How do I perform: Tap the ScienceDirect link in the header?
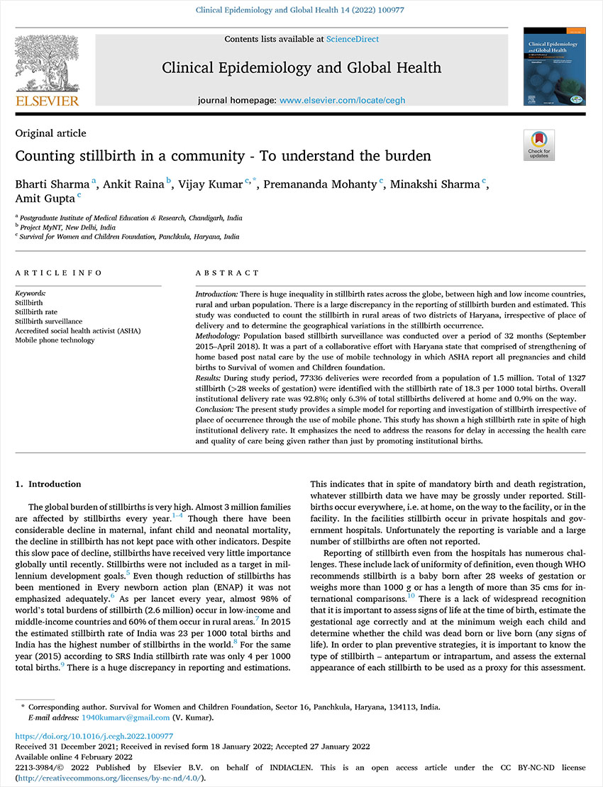(x=353, y=39)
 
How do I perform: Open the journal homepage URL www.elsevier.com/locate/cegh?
(x=343, y=101)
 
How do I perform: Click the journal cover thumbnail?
(x=548, y=67)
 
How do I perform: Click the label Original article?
(x=50, y=133)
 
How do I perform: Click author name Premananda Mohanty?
(x=321, y=186)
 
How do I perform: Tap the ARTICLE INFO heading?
(x=58, y=273)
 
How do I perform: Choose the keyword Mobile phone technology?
(x=55, y=340)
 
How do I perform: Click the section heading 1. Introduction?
(x=48, y=484)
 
